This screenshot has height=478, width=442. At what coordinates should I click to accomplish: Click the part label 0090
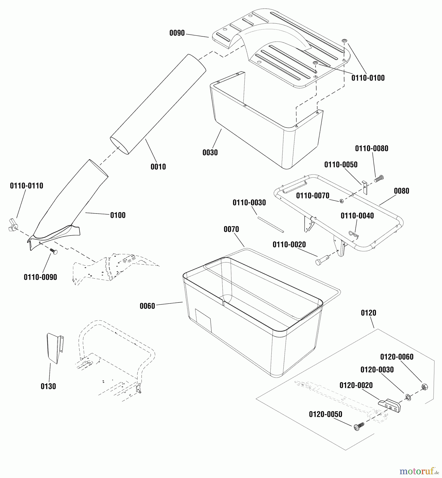coord(177,33)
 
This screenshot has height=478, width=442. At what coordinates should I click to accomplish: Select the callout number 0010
coord(158,167)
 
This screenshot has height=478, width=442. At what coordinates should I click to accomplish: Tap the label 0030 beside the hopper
coord(210,152)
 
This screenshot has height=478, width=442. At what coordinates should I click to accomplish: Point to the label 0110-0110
coord(27,186)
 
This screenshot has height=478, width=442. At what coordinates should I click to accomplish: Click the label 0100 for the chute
coord(118,215)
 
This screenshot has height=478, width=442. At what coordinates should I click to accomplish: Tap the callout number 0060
coord(147,306)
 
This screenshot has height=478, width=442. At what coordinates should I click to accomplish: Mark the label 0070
coord(231,229)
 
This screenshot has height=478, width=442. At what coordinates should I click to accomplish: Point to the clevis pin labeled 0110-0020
coord(322,259)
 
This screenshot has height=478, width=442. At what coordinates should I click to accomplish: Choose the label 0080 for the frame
coord(401,191)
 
